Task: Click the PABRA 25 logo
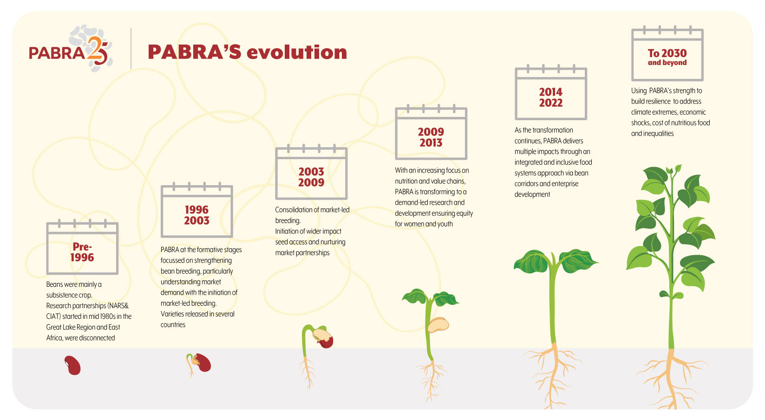point(70,48)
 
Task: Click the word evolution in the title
point(296,52)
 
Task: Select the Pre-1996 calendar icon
point(82,247)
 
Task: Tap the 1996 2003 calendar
point(197,210)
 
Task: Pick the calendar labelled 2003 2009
point(311,172)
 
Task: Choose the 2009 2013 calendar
point(431,132)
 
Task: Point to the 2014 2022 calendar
point(551,92)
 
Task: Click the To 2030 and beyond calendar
point(667,53)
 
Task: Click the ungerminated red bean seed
point(72,365)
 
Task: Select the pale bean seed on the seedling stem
point(438,325)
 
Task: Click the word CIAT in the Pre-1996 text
point(52,317)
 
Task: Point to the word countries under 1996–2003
point(173,325)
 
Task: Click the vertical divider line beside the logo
point(131,48)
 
